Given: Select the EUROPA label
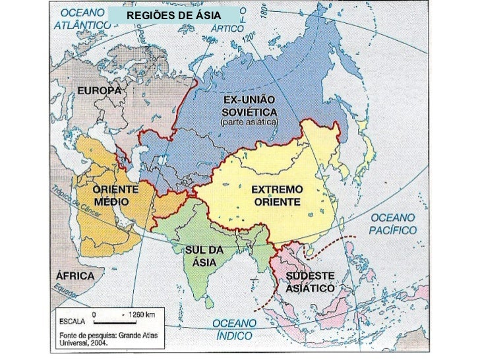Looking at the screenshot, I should pos(100,90).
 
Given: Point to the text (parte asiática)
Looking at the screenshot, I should pos(249,123).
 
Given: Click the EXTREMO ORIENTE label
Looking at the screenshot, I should pos(277,196).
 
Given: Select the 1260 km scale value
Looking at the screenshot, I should pos(141,315).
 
